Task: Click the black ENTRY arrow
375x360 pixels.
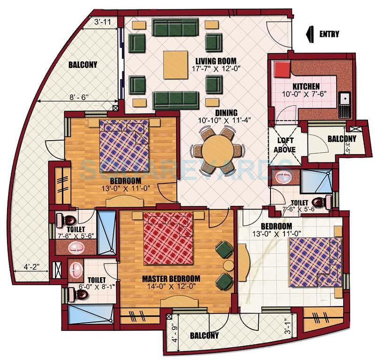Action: point(309,34)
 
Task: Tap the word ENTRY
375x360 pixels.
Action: point(330,34)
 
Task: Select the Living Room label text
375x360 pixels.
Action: point(216,61)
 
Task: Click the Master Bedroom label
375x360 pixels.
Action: point(171,278)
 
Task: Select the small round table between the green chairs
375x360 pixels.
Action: point(228,265)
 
